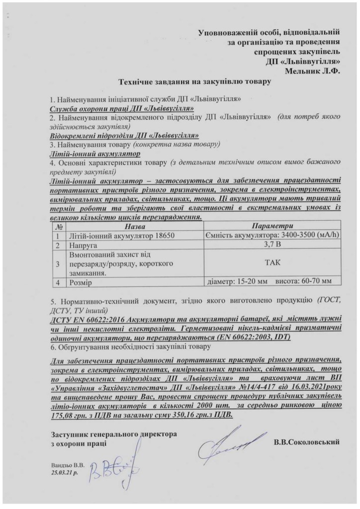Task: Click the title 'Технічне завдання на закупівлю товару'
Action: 194,81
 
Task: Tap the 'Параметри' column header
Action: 272,227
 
